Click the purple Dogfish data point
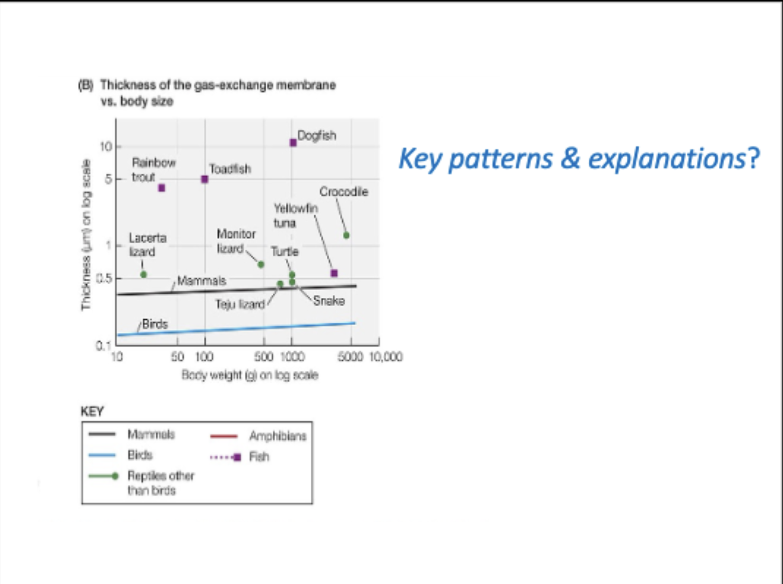pos(293,143)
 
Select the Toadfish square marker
pos(205,179)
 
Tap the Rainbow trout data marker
pos(162,188)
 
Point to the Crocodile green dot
pos(346,235)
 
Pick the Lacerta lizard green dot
pos(143,274)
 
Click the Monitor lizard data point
pos(261,265)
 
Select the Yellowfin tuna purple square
pos(334,273)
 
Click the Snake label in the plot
pos(329,301)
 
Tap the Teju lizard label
pos(240,305)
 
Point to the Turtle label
pos(284,252)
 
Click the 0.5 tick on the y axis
pos(104,278)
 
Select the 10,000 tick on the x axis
pos(386,357)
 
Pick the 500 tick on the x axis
pos(263,357)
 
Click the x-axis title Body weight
pos(250,375)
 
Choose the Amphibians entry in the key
pos(278,436)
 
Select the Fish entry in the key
pos(259,457)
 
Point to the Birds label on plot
pos(155,324)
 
